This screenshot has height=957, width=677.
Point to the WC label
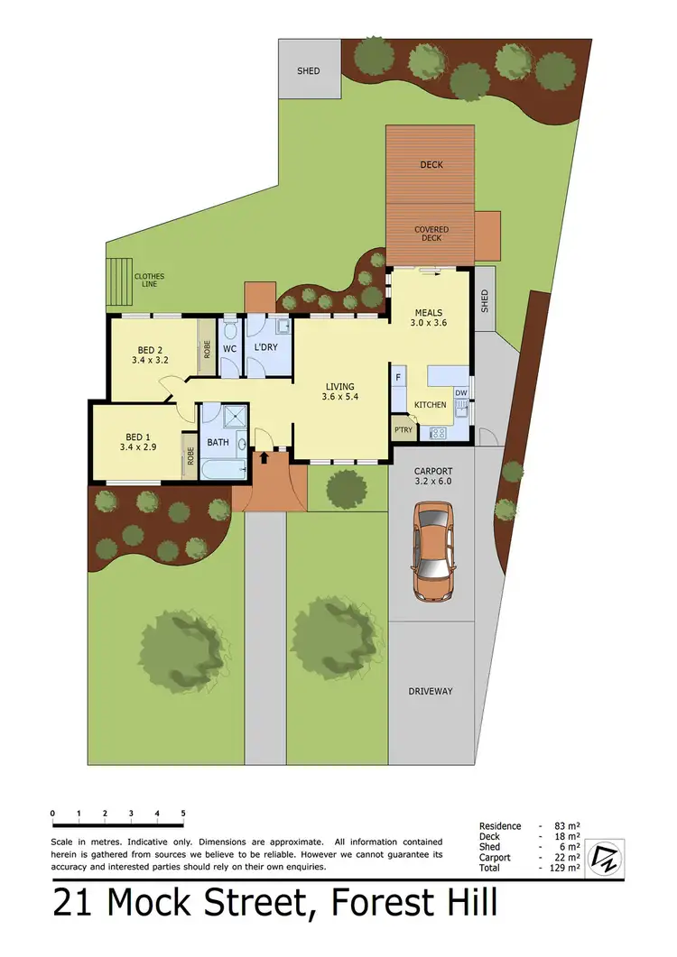click(229, 348)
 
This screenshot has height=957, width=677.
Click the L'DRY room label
click(265, 348)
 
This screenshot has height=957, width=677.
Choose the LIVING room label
click(340, 387)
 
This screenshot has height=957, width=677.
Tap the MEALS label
click(429, 312)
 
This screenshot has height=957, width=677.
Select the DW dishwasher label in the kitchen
click(460, 392)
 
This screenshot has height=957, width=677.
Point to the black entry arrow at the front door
click(264, 458)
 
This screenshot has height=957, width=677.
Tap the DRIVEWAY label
click(431, 691)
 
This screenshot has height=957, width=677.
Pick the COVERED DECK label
click(431, 234)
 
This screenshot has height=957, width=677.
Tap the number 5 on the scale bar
click(183, 813)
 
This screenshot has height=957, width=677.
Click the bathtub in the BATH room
click(224, 471)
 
